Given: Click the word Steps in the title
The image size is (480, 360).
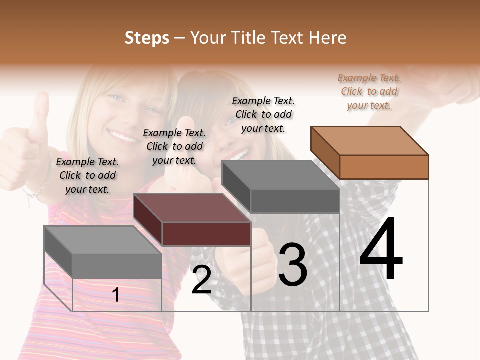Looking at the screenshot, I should [x=147, y=38].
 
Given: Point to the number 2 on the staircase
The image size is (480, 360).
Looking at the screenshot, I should [x=201, y=280].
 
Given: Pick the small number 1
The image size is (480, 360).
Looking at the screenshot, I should [x=116, y=295].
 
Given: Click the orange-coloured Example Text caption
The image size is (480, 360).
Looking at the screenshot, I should [x=369, y=91].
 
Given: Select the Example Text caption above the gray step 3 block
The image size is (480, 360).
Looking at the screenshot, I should [x=263, y=114].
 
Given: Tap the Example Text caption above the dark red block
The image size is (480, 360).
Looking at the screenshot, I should [x=174, y=146].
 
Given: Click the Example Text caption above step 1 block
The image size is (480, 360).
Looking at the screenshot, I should [x=87, y=175].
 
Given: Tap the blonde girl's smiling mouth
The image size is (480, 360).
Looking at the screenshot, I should [x=121, y=135].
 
